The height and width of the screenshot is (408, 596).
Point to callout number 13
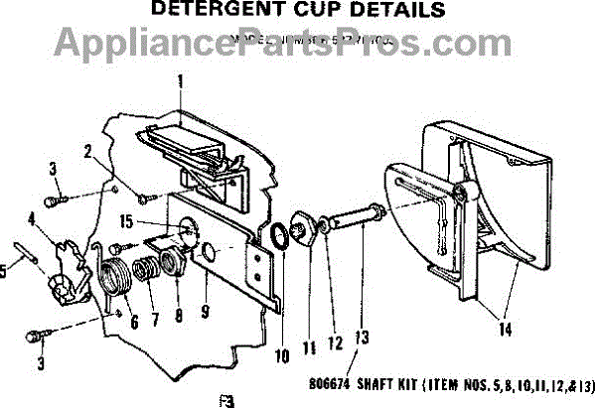coord(362,338)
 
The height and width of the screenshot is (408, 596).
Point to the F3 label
coord(224,400)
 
